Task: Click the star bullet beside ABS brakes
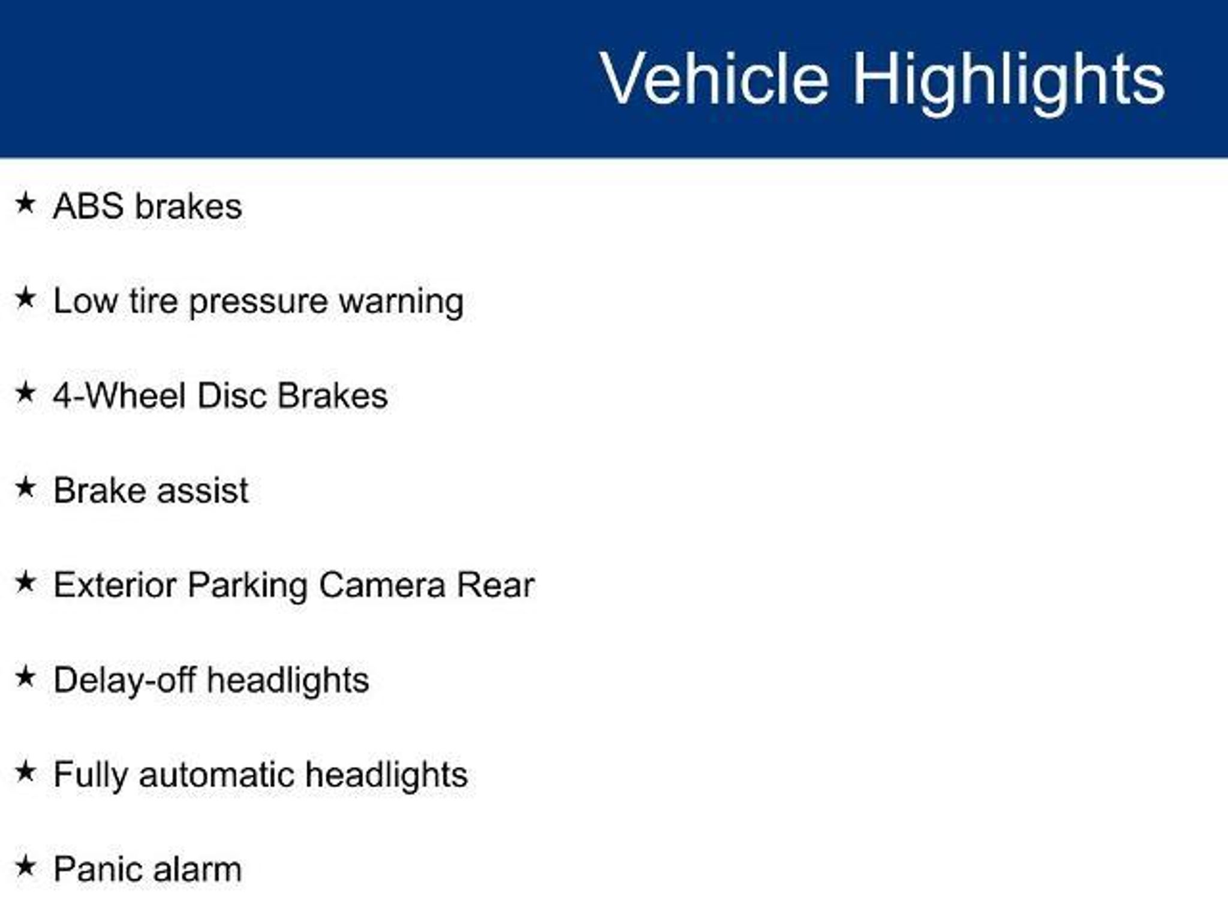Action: (x=25, y=203)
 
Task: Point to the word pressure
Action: (x=258, y=302)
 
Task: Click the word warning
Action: (x=401, y=302)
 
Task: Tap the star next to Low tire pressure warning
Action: (x=25, y=297)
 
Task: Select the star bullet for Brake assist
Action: (x=25, y=487)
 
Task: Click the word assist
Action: (x=203, y=491)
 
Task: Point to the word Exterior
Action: (x=115, y=585)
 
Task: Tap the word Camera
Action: (x=382, y=586)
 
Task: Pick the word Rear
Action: (x=495, y=585)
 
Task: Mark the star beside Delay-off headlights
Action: (x=25, y=677)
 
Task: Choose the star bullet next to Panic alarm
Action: (x=25, y=866)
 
